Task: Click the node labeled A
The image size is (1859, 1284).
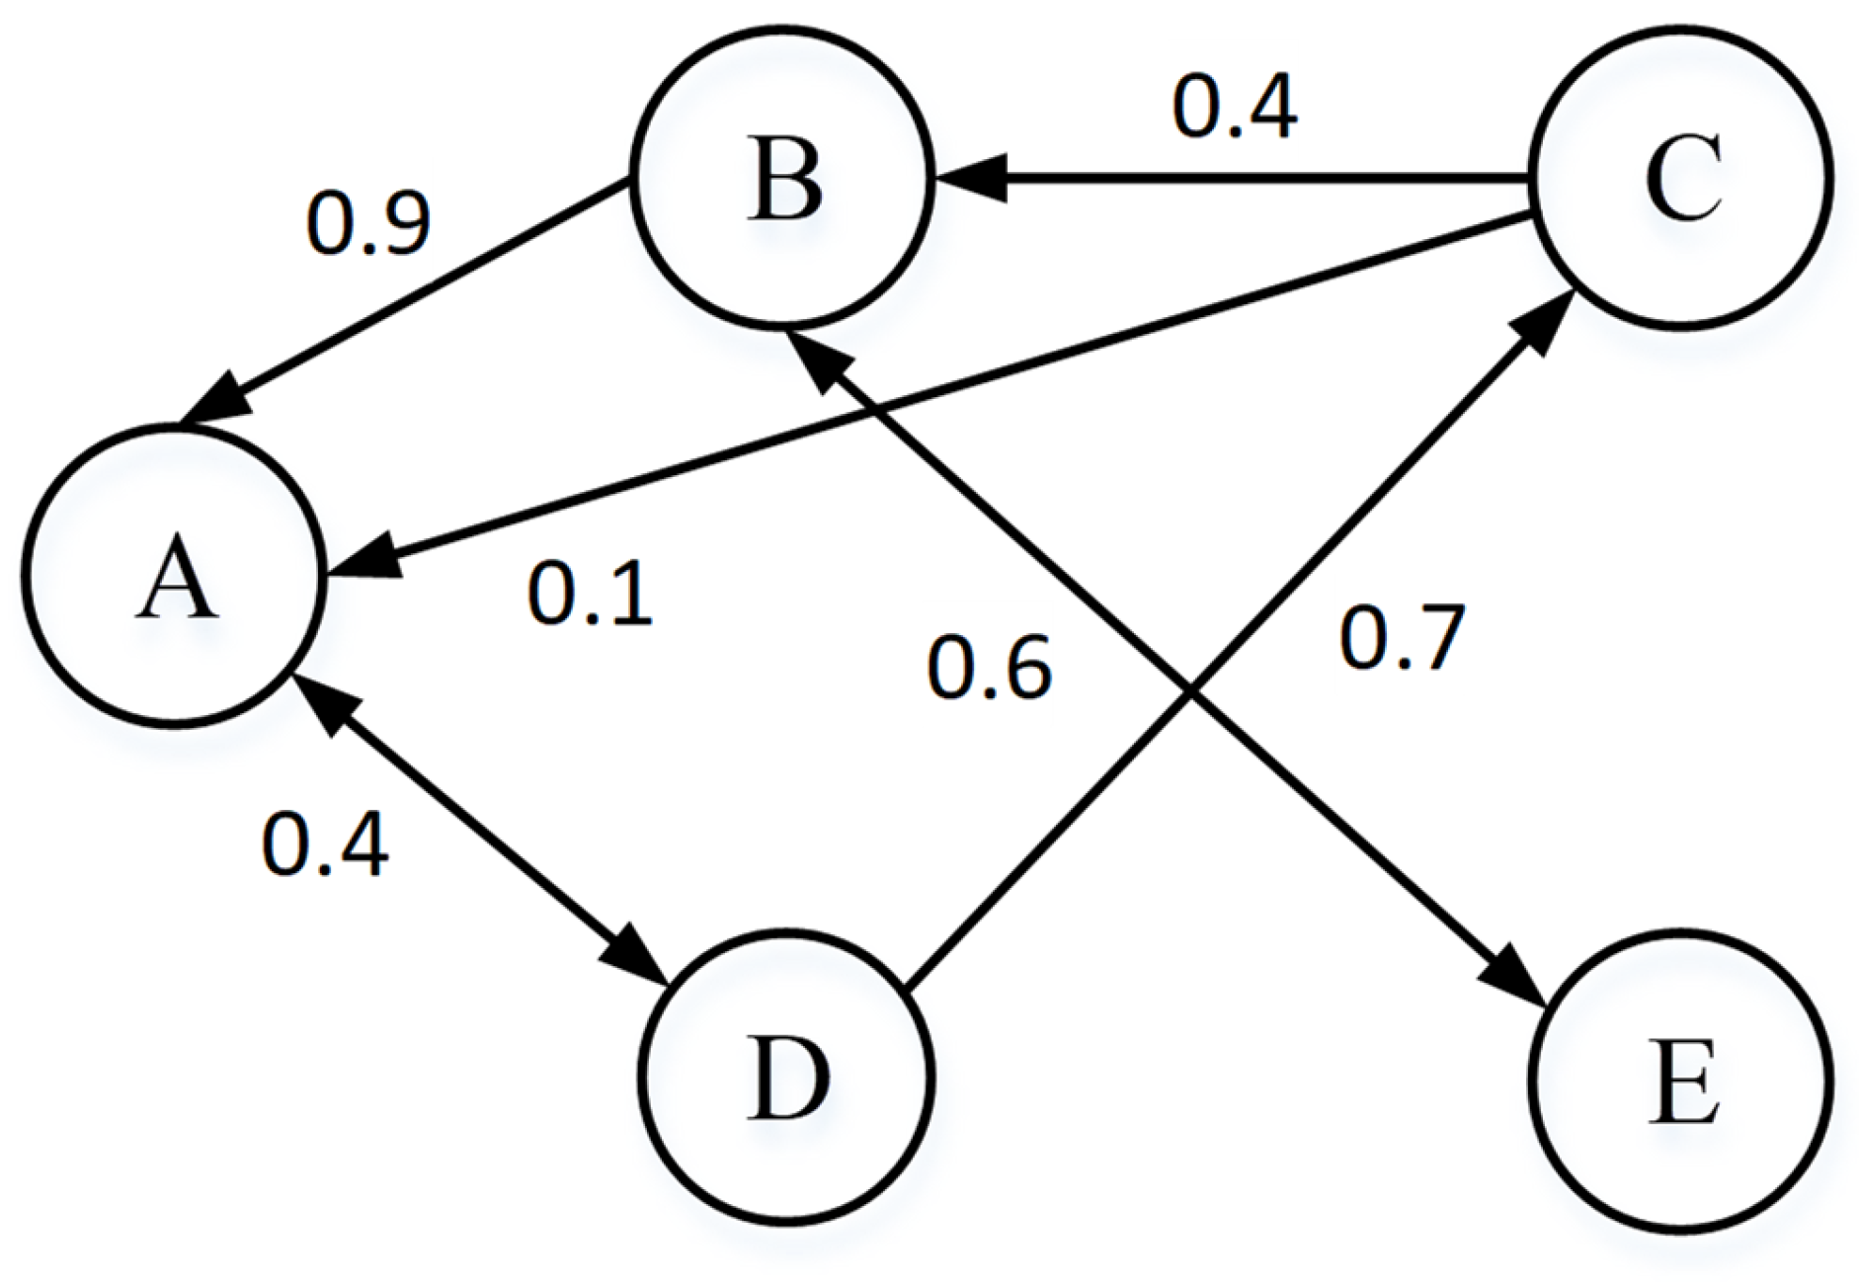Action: pos(174,577)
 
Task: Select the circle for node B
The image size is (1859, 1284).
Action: pos(783,179)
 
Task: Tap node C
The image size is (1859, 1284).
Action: pos(1681,179)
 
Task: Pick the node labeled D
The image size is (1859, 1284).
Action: pos(785,1078)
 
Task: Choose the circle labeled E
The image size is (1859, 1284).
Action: pos(1681,1078)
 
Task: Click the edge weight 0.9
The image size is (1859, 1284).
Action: pos(367,224)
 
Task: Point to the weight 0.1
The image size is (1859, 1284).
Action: pos(590,595)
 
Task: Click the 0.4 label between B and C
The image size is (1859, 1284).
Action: pos(1235,108)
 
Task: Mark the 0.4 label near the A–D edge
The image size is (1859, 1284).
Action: pos(325,845)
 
